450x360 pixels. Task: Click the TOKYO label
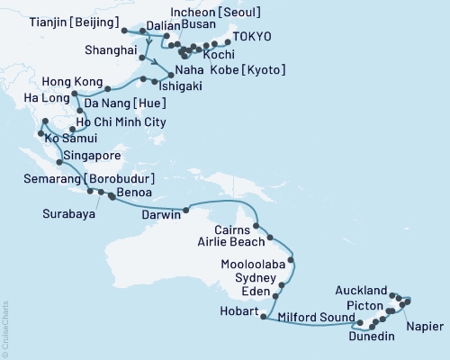(251, 39)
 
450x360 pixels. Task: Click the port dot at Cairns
(256, 227)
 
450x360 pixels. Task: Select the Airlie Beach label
(230, 242)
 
